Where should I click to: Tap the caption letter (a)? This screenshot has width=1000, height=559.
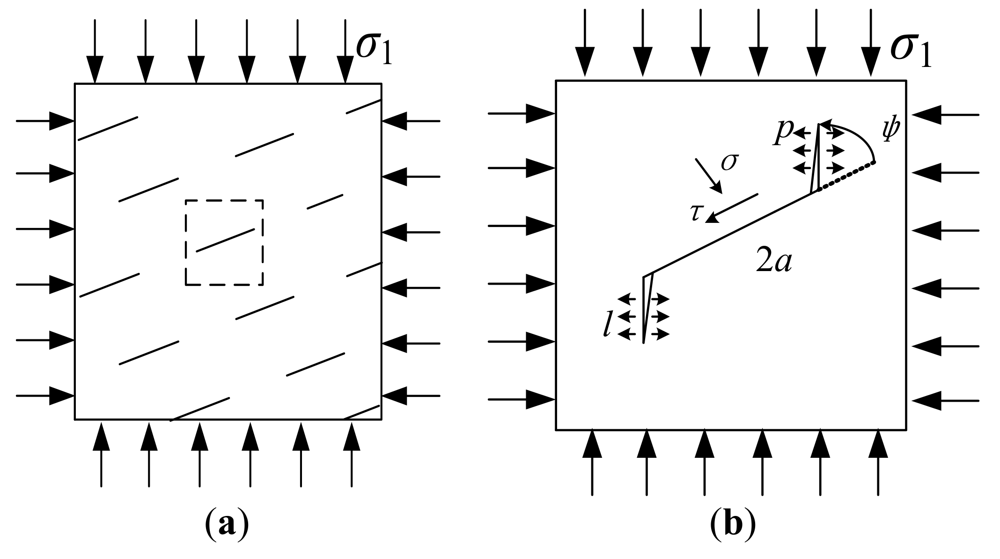pos(227,525)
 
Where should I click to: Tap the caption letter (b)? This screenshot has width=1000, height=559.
pos(733,525)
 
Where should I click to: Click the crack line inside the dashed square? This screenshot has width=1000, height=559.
pos(225,240)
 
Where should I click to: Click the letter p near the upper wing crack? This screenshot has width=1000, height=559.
pos(783,132)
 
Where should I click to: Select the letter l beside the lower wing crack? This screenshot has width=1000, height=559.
pos(608,326)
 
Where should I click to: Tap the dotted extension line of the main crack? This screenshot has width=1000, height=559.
pos(846,177)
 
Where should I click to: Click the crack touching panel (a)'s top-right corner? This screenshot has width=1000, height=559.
pos(363,106)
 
